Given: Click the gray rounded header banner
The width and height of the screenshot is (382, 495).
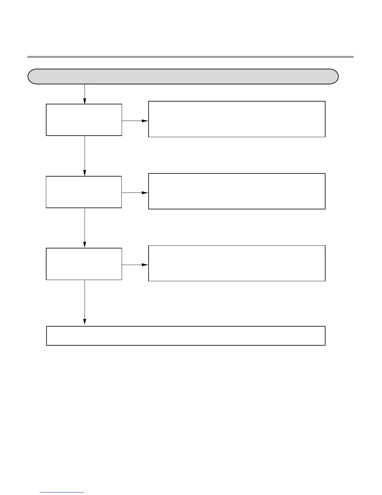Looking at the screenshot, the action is (183, 77).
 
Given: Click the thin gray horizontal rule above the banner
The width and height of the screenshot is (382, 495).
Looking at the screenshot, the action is (190, 57).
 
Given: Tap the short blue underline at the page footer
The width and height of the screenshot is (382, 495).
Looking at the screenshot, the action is (62, 492).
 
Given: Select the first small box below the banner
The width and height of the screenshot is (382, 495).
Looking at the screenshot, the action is (84, 120).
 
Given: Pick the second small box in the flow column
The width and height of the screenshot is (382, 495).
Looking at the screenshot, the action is (84, 192).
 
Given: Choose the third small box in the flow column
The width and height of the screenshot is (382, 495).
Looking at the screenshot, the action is (84, 264).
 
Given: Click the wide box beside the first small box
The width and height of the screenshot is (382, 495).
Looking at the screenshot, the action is (237, 119).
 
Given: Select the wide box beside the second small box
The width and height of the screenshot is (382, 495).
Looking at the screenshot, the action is (237, 191).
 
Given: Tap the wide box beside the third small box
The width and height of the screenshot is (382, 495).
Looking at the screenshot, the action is (237, 263).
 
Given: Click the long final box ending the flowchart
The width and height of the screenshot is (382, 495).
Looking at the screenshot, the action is (186, 336).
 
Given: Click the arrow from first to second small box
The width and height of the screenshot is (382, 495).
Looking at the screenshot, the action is (85, 155).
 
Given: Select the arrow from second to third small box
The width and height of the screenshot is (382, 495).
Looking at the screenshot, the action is (85, 227).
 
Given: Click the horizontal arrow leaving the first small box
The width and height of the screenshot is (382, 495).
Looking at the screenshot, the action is (135, 121).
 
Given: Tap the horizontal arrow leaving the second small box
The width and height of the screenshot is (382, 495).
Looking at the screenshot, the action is (135, 193).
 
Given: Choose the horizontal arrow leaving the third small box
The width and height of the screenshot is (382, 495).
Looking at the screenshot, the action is (135, 265).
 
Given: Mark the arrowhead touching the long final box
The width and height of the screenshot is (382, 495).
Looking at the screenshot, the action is (85, 322).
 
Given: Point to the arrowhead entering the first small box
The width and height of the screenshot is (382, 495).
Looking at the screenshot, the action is (85, 101).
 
